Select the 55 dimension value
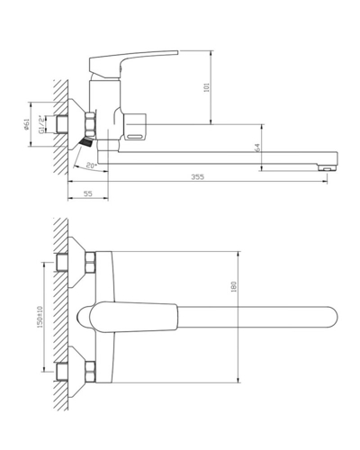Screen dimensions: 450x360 (x=87, y=194)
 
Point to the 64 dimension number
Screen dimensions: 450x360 (x=256, y=148)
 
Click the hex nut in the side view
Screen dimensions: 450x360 (x=90, y=125)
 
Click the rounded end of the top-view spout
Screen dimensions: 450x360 (x=331, y=317)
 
